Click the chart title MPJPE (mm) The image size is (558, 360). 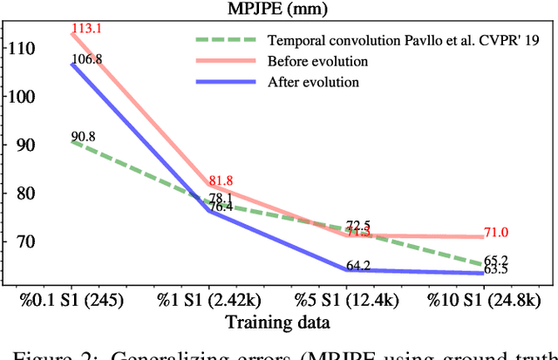(x=278, y=10)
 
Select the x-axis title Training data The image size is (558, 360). (x=278, y=323)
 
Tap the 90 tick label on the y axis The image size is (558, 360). (x=22, y=145)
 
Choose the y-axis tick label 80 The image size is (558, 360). (x=22, y=193)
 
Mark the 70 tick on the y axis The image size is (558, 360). (x=22, y=241)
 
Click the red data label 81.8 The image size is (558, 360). (x=221, y=180)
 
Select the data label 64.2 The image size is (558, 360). (x=358, y=266)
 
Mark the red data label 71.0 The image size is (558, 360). (x=496, y=232)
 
